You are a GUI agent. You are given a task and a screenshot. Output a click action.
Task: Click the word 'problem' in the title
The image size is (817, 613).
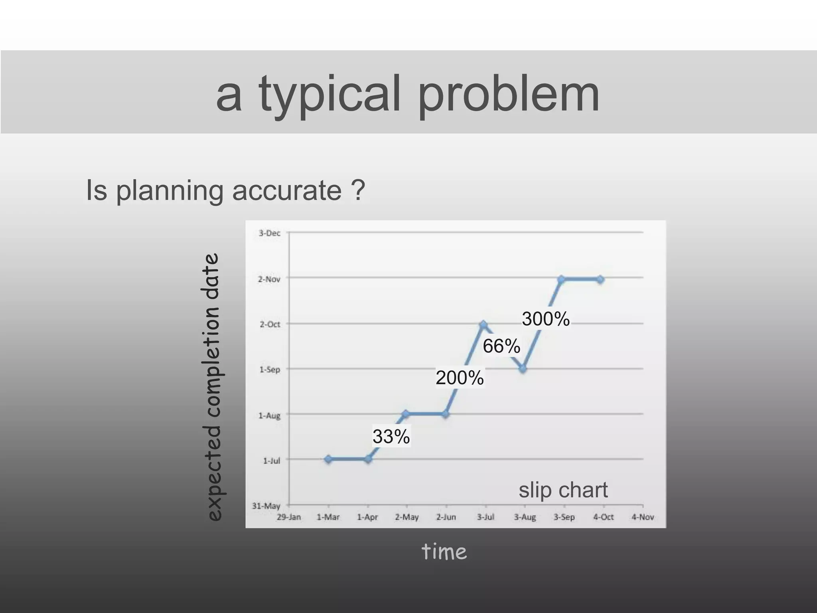point(508,95)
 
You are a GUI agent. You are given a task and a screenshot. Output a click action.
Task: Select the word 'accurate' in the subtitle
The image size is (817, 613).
point(287,190)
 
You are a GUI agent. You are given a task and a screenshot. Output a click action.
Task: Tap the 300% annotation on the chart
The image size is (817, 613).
point(546,319)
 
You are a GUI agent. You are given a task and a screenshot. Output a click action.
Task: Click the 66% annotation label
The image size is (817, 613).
point(501,346)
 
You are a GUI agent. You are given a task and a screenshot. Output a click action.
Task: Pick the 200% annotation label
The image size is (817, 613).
point(460,378)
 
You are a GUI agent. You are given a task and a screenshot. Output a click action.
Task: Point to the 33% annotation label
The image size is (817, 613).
point(391,436)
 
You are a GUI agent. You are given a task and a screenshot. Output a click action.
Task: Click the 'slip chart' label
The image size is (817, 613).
point(563,490)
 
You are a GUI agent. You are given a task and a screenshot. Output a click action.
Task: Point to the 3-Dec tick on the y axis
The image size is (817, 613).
point(270,233)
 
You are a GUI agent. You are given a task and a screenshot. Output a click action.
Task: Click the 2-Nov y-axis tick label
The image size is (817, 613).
point(269,279)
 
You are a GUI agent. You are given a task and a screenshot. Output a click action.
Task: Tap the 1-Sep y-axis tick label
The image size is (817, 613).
point(270,370)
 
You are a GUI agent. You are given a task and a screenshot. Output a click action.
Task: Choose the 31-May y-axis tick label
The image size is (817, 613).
point(266,506)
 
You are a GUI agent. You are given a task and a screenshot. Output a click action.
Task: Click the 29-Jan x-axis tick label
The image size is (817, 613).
point(289,517)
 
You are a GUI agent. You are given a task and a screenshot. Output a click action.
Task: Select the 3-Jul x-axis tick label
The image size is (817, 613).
point(485,517)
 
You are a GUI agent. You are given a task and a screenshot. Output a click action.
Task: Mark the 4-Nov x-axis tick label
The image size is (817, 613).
point(643,517)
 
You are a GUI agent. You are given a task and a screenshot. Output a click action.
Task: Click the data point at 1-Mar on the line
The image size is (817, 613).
point(328,459)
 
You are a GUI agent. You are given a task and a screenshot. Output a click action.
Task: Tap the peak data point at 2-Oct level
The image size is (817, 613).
point(483,324)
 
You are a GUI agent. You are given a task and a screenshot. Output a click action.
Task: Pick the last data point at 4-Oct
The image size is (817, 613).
point(600,280)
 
